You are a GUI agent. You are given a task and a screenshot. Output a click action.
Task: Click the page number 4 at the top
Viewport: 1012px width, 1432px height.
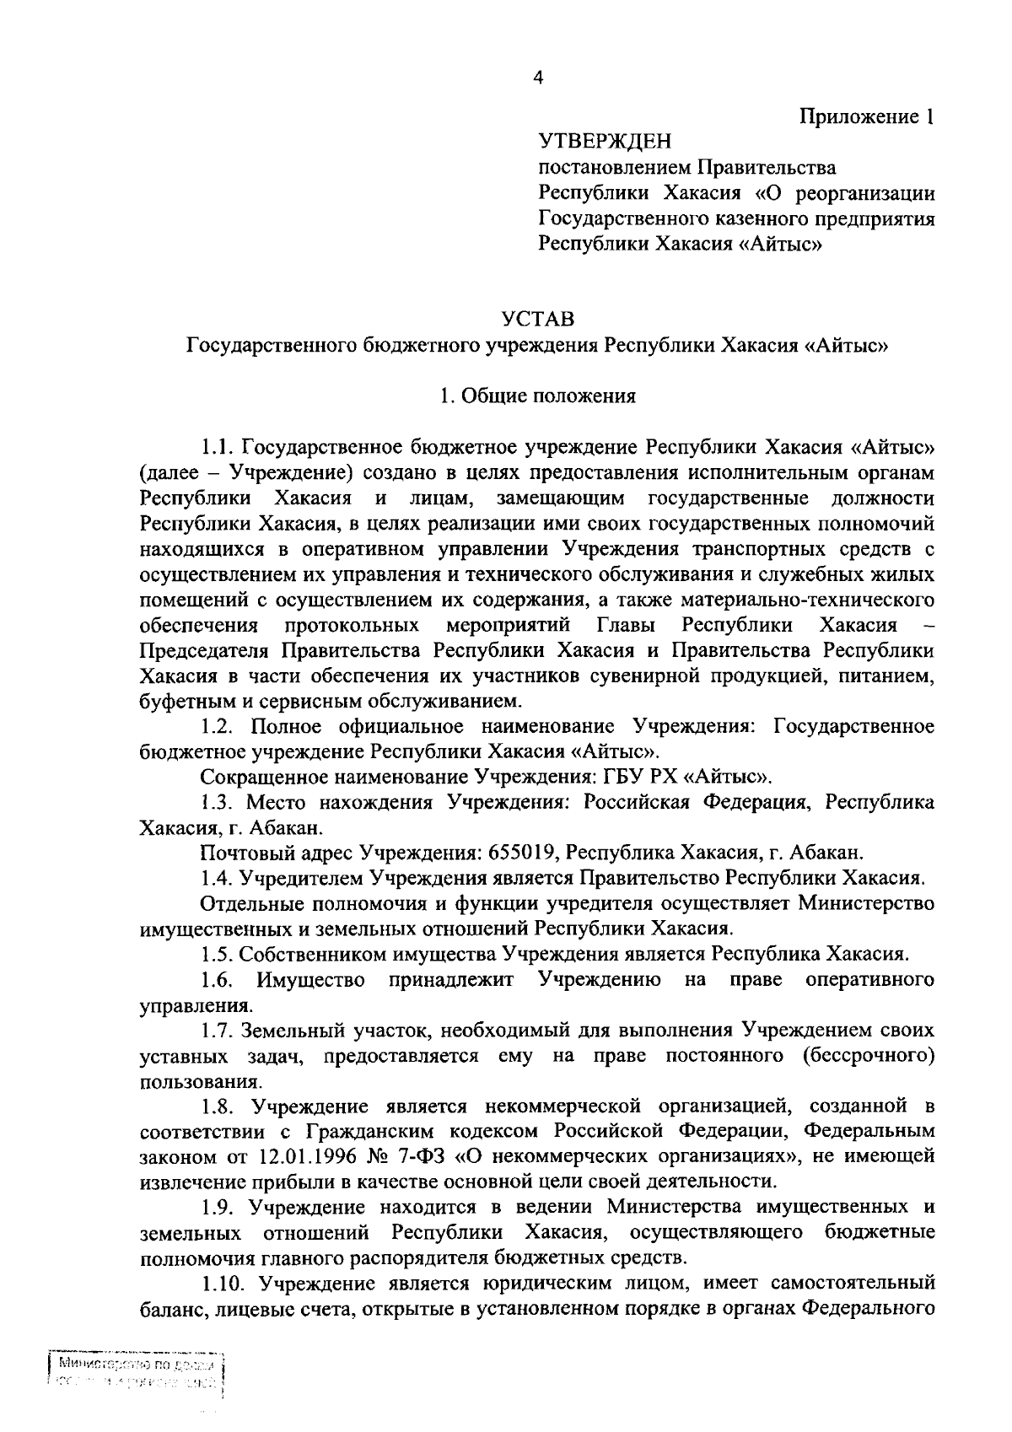tap(539, 78)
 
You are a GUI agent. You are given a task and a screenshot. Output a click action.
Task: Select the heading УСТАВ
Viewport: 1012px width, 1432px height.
tap(537, 320)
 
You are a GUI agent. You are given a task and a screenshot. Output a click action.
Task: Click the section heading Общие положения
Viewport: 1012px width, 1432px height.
tap(548, 396)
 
